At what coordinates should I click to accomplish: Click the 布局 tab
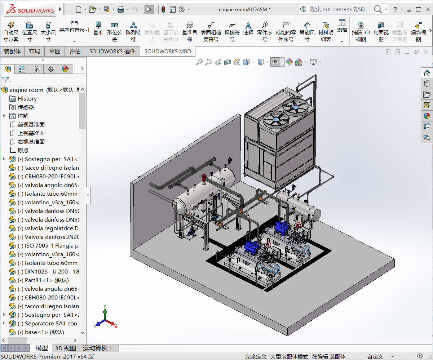click(35, 51)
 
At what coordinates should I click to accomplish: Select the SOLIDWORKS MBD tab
click(167, 51)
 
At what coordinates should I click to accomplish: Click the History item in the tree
click(27, 99)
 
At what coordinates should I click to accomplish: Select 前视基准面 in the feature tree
click(31, 125)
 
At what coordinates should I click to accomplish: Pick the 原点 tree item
click(23, 151)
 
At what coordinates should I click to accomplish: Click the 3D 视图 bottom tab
click(65, 348)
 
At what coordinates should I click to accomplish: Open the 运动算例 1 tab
click(97, 348)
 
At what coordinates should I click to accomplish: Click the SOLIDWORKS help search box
click(337, 9)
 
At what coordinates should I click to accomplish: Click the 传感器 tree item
click(26, 107)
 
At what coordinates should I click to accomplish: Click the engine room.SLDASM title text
click(245, 9)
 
